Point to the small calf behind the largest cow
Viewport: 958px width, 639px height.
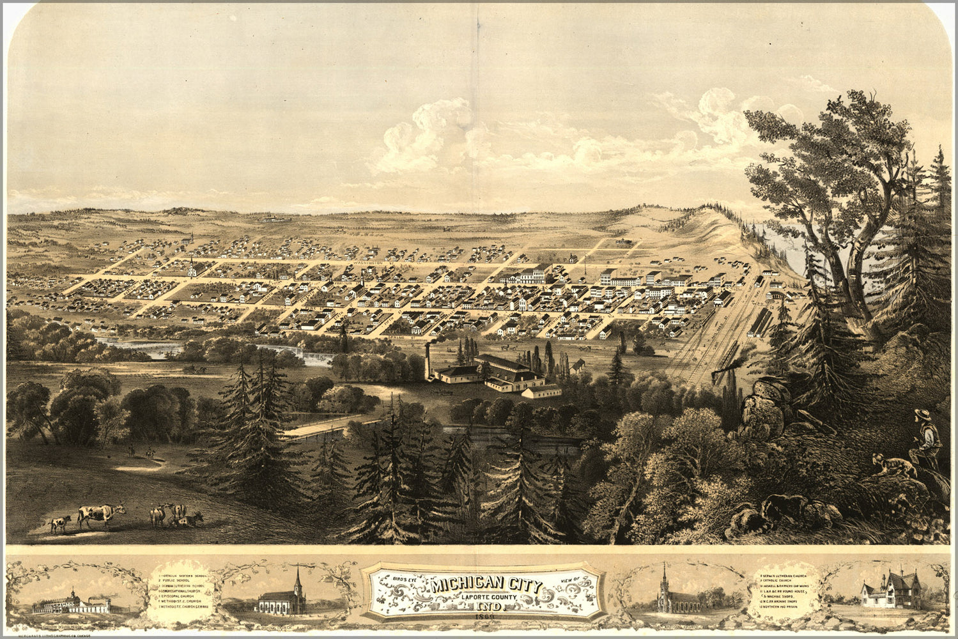pos(59,523)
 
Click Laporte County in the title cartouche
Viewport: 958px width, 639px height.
pos(486,598)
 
